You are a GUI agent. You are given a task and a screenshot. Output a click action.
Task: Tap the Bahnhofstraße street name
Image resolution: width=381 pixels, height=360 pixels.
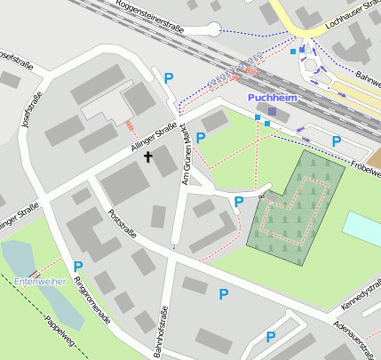click(163, 331)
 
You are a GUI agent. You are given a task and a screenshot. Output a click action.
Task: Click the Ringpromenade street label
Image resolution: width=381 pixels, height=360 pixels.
click(92, 300)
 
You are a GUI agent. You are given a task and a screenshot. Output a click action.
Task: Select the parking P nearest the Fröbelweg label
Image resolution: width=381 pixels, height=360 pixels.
click(336, 140)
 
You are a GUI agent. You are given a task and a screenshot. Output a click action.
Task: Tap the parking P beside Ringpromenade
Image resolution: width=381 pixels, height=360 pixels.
click(78, 266)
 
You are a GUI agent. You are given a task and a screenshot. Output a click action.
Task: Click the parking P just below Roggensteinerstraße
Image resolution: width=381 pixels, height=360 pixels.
click(169, 77)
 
